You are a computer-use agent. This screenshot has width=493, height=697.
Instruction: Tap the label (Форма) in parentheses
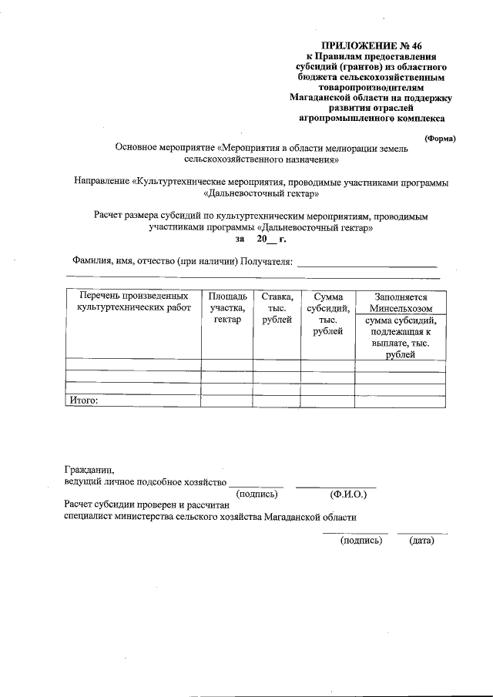pyautogui.click(x=440, y=138)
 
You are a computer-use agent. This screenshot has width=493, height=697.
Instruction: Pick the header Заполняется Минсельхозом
pyautogui.click(x=400, y=302)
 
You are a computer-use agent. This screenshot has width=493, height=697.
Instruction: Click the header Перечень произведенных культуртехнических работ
pyautogui.click(x=133, y=301)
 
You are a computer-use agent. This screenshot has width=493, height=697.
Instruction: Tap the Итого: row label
pyautogui.click(x=85, y=400)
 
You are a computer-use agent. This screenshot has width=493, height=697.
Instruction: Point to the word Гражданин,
pyautogui.click(x=89, y=469)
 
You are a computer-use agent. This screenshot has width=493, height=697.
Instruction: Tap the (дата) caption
pyautogui.click(x=422, y=541)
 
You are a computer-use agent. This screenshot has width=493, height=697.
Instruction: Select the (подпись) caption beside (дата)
pyautogui.click(x=361, y=541)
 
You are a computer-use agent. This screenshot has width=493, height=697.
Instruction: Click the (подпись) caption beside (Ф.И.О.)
pyautogui.click(x=261, y=494)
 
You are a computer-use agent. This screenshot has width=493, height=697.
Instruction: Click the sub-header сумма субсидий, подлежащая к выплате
pyautogui.click(x=400, y=338)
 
